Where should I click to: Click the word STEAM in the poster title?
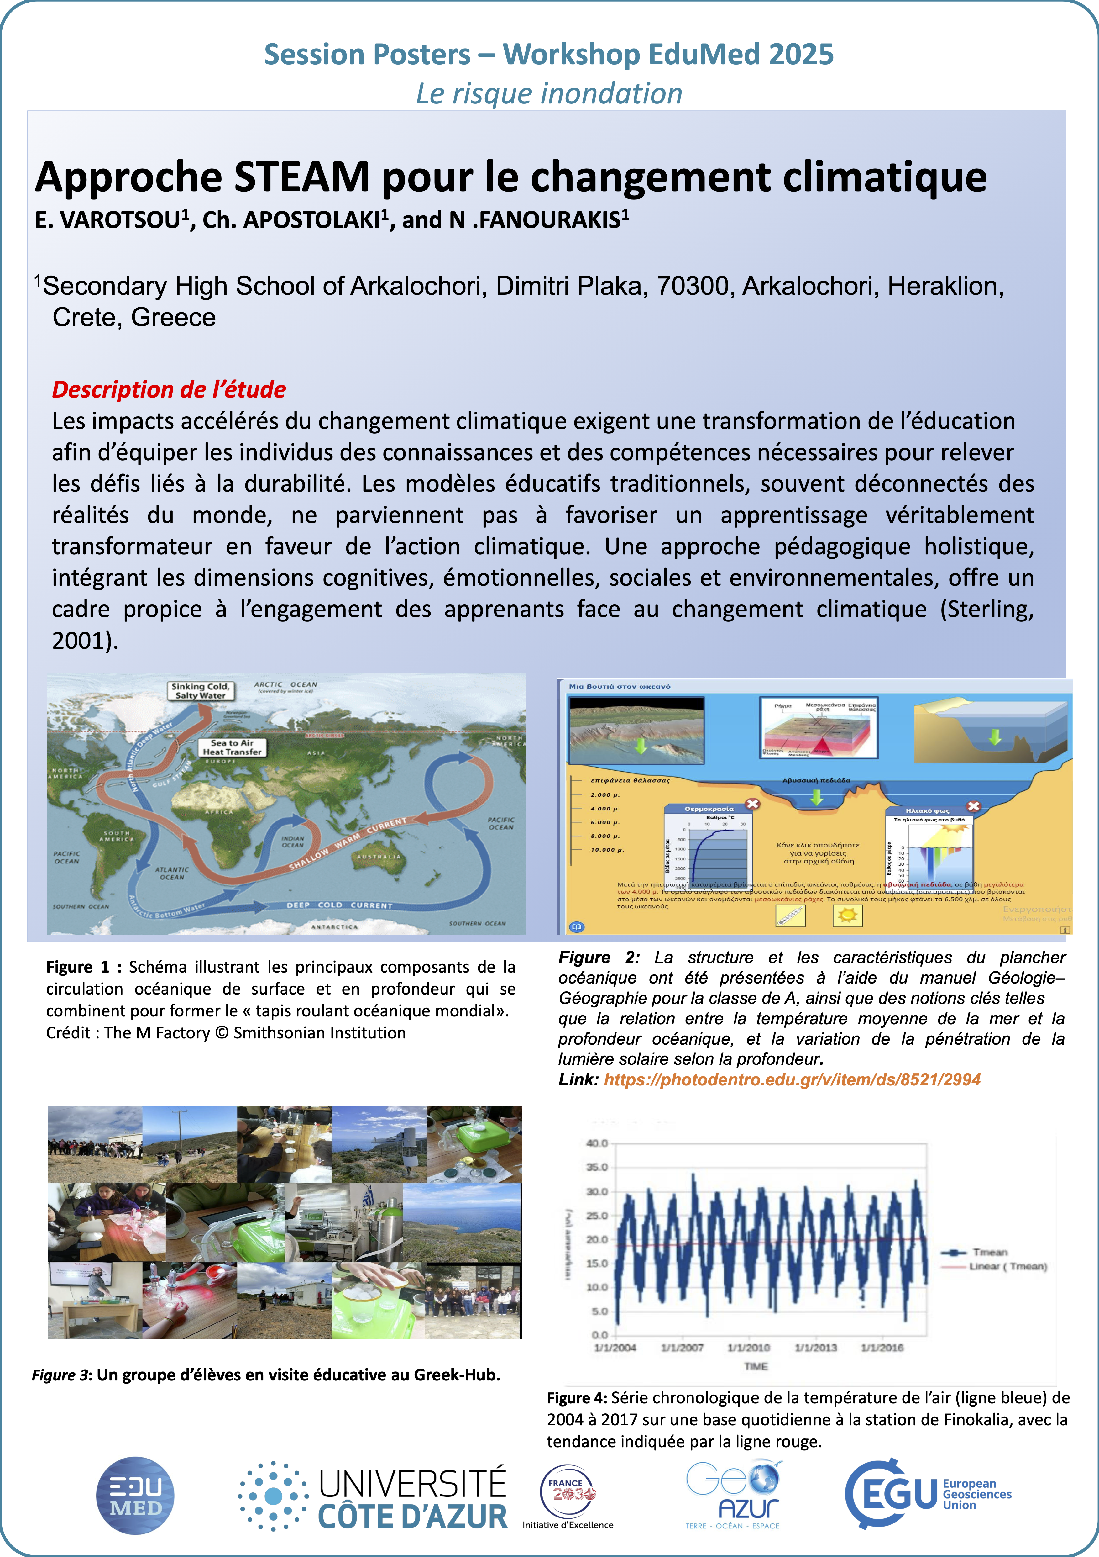click(x=302, y=178)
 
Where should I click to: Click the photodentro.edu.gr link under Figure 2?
click(x=792, y=1079)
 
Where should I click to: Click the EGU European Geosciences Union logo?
click(x=928, y=1494)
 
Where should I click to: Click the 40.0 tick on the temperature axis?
click(x=597, y=1143)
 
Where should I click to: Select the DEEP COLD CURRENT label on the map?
click(x=339, y=905)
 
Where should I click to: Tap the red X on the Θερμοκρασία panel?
click(x=752, y=804)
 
